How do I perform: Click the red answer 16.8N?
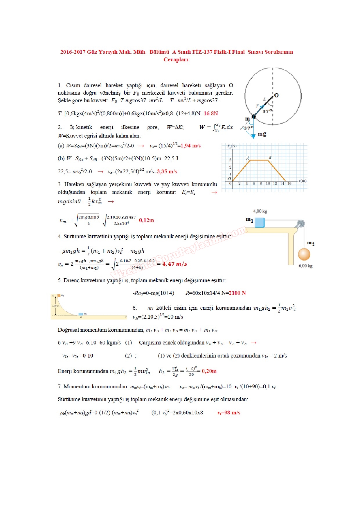[211, 113]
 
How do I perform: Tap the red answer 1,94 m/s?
[191, 146]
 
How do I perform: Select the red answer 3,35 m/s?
[167, 172]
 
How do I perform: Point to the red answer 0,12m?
[147, 220]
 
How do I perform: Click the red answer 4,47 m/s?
[174, 264]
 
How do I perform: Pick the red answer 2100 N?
[237, 293]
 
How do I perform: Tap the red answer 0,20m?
[209, 371]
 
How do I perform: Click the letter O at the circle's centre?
[276, 95]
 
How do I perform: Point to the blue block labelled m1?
[260, 222]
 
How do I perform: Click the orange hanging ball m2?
[304, 255]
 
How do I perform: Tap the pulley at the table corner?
[300, 224]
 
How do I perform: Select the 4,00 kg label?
[260, 211]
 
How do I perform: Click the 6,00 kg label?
[305, 266]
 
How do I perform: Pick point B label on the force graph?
[270, 158]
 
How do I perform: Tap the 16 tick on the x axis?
[289, 183]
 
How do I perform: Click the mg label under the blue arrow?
[262, 134]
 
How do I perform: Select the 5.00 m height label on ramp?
[55, 306]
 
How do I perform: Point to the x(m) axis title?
[303, 181]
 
